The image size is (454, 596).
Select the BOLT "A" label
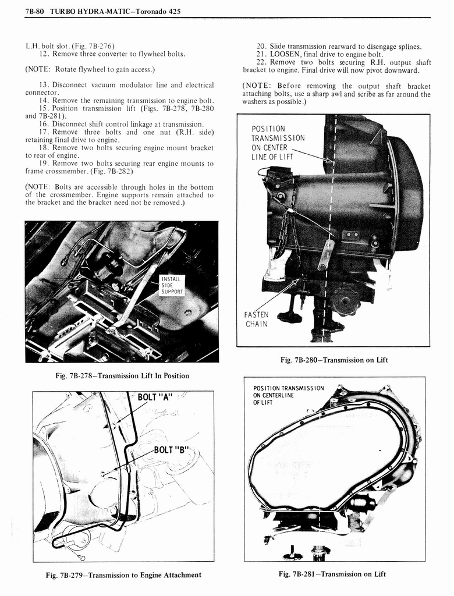tap(155, 398)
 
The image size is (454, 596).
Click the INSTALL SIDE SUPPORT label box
tap(172, 285)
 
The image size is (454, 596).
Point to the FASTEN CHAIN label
tap(256, 320)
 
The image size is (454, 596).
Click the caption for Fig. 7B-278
tap(122, 375)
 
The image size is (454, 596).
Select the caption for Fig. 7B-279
tap(123, 575)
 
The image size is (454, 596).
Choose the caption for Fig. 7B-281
tap(332, 574)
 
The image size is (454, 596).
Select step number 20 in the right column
tap(262, 46)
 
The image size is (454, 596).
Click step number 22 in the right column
tap(262, 62)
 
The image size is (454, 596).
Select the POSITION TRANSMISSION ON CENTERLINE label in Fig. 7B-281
tap(288, 395)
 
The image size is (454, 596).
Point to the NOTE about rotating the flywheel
tap(90, 70)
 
